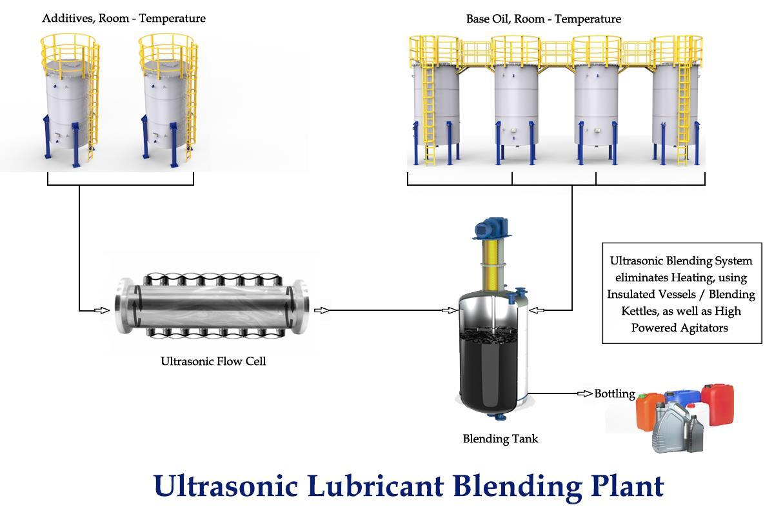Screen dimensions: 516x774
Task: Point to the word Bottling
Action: pyautogui.click(x=614, y=393)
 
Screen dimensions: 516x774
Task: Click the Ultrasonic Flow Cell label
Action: pyautogui.click(x=213, y=361)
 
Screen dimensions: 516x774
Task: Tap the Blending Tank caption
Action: pyautogui.click(x=500, y=439)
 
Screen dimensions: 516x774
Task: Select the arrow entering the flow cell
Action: pyautogui.click(x=102, y=310)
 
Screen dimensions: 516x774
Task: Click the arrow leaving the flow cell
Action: pyautogui.click(x=321, y=310)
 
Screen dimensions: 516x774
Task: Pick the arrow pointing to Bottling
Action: pyautogui.click(x=584, y=393)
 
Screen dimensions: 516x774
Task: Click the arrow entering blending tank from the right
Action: pyautogui.click(x=537, y=310)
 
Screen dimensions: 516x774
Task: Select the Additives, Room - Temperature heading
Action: pyautogui.click(x=124, y=18)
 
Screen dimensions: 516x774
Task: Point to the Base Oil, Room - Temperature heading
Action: pyautogui.click(x=543, y=19)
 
